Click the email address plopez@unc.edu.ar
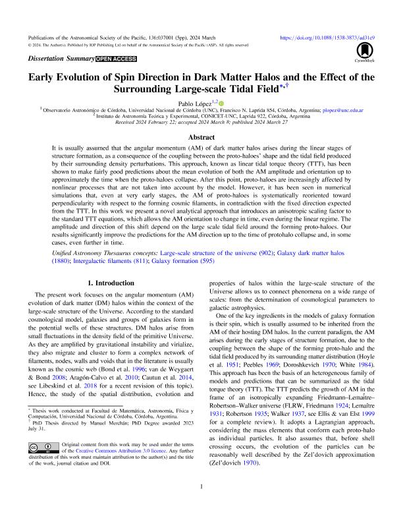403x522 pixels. click(x=338, y=110)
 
